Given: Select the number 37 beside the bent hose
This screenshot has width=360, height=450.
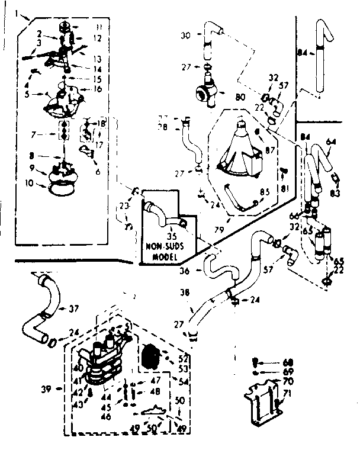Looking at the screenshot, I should tap(73, 308).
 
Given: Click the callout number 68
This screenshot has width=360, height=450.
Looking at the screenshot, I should tap(288, 362).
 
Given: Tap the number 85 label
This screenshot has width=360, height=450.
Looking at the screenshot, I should tap(265, 191).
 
